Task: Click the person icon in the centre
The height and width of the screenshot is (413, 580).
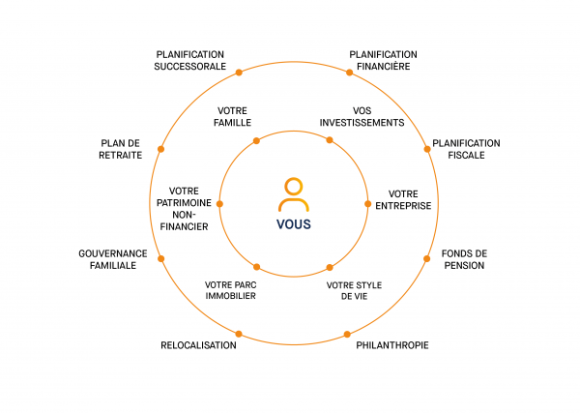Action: coord(293,194)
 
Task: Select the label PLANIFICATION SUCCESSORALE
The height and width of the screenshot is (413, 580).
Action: coord(189,60)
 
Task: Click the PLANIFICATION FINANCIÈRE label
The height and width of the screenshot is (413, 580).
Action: coord(383,60)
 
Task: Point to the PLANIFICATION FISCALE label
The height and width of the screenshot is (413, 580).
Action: coord(466,149)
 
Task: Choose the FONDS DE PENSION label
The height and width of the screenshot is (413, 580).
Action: coord(464,259)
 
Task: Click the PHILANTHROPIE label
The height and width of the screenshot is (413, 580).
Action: coord(392,345)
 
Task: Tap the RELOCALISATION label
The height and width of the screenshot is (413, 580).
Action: coord(198,345)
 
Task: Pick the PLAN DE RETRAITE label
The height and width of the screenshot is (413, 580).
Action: coord(121,149)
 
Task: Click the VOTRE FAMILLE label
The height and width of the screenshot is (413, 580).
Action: coord(234,116)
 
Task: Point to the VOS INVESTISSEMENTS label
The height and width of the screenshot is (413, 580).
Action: coord(361,116)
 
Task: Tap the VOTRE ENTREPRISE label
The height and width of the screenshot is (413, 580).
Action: coord(409,199)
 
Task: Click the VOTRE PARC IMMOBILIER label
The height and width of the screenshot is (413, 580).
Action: coord(230,290)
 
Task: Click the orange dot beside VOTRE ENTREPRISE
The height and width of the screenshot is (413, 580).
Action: coord(367,204)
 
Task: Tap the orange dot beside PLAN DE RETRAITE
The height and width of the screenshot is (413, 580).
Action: coord(160,149)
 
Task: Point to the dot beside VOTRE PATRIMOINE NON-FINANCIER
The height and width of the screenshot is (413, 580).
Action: coord(219,204)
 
